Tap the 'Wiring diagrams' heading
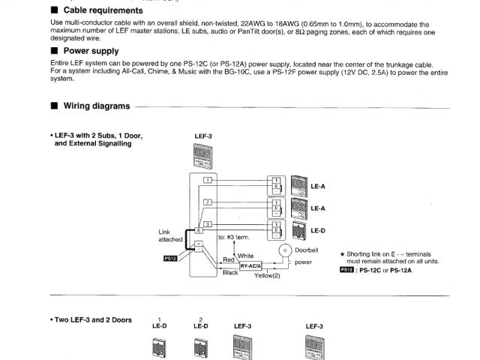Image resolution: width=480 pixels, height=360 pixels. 96,106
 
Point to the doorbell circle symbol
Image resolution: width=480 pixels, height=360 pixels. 285,249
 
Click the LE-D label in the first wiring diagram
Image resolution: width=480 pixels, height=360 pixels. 318,231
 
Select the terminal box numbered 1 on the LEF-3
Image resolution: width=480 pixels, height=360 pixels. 208,180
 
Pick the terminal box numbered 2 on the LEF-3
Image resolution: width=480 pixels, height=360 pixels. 208,202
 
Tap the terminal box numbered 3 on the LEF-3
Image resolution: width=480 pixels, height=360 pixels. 208,223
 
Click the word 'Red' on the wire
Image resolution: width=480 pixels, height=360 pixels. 229,259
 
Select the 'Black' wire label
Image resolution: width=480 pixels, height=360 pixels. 230,274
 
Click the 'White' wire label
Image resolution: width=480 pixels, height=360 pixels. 245,255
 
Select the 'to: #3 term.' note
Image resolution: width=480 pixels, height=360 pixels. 232,237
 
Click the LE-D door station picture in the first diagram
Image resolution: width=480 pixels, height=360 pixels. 298,229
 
